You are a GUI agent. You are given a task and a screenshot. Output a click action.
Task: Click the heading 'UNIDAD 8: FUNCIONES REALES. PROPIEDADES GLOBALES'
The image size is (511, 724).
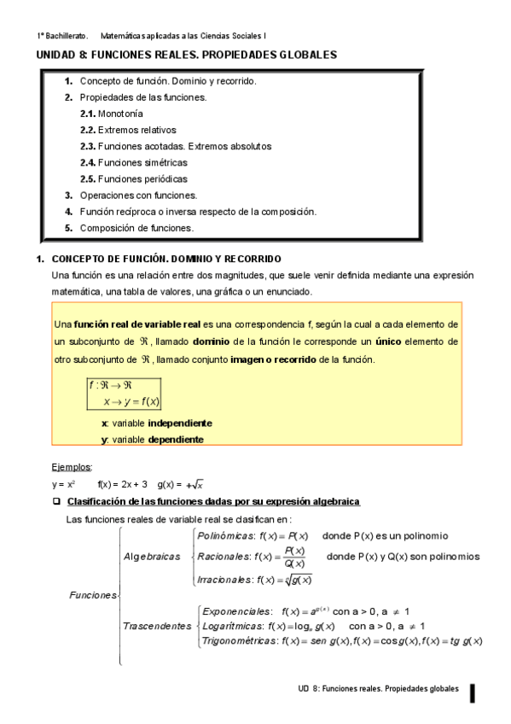[x=185, y=55]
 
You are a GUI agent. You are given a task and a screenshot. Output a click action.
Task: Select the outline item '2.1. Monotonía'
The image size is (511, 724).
[x=112, y=114]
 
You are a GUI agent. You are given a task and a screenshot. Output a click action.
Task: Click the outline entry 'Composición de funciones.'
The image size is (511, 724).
[x=136, y=228]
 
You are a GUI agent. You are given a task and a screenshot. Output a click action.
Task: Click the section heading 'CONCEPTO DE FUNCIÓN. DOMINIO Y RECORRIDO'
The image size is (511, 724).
[x=167, y=259]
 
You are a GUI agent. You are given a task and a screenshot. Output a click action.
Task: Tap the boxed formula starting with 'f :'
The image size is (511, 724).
[x=124, y=393]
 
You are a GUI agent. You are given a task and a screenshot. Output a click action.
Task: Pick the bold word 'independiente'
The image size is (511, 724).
[x=180, y=423]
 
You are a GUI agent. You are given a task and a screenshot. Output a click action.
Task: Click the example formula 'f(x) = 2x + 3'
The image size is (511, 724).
[x=123, y=484]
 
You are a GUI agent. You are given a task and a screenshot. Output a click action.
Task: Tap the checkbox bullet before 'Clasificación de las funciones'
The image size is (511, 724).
[x=56, y=501]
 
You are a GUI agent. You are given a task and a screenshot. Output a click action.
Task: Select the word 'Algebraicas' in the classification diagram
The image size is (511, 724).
[x=152, y=557]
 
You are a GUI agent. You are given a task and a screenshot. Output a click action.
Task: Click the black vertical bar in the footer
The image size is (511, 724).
[x=472, y=693]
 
